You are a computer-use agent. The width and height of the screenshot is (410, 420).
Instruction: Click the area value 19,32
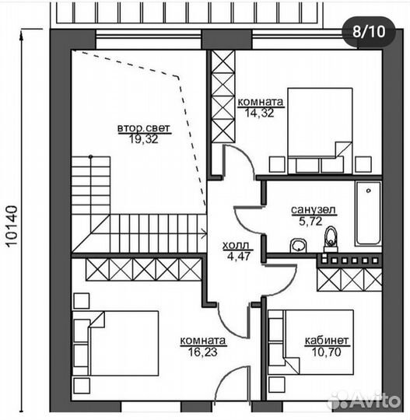[144, 139]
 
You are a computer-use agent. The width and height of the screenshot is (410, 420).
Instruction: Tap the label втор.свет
[144, 128]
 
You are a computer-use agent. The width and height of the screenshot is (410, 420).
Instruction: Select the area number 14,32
[259, 113]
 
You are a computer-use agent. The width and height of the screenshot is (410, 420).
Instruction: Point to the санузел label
[314, 210]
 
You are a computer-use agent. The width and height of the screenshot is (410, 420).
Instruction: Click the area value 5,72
[310, 221]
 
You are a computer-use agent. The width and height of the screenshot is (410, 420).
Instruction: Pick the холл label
[236, 245]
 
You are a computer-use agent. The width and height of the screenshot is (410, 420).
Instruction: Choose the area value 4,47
[239, 256]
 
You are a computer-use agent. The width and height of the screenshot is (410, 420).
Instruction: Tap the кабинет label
[327, 341]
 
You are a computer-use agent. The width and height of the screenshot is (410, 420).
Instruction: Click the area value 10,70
[326, 352]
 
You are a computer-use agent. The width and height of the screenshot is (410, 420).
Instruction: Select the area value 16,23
[202, 352]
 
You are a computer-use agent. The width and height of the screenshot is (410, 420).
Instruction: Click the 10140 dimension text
[12, 226]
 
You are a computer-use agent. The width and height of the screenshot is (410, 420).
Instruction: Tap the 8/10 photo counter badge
[369, 32]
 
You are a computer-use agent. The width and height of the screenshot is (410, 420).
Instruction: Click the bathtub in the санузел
[368, 214]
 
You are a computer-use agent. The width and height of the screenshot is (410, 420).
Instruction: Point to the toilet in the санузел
[331, 240]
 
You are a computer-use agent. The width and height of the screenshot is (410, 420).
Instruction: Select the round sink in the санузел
[298, 245]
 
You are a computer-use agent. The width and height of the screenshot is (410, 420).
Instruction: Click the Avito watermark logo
[365, 401]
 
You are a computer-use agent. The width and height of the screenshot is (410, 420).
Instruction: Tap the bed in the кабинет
[311, 342]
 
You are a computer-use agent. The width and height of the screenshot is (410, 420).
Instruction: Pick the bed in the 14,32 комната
[320, 131]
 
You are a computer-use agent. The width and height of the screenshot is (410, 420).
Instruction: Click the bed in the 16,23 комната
[115, 344]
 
